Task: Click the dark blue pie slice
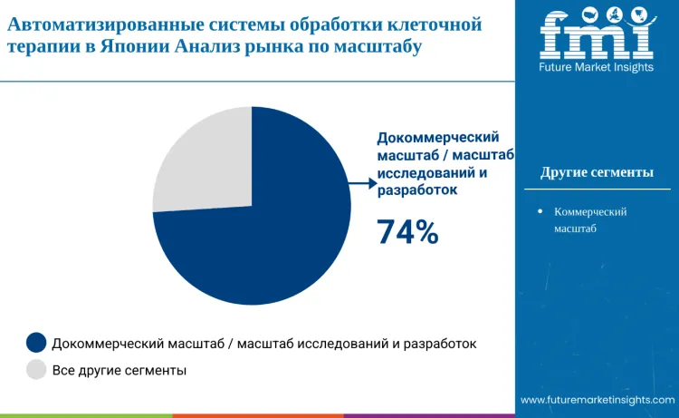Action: click(x=272, y=245)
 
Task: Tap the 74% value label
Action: click(x=407, y=232)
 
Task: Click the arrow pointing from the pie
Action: click(x=362, y=183)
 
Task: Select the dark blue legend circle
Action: click(x=36, y=343)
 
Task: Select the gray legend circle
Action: click(x=36, y=370)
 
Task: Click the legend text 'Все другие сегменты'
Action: click(x=120, y=370)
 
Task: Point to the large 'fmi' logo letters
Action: click(x=596, y=34)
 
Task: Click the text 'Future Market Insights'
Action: click(x=596, y=68)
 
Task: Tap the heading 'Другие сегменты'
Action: click(x=597, y=172)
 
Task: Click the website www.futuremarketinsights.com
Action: click(x=598, y=400)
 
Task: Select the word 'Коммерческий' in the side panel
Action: click(x=590, y=211)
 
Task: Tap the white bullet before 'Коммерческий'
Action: click(x=540, y=211)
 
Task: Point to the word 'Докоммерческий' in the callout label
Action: click(x=438, y=137)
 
